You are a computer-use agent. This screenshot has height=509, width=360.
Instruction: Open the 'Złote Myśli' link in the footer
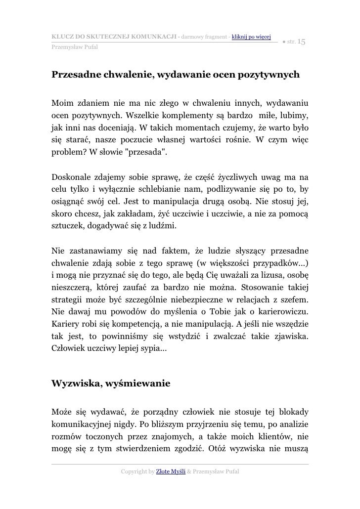[x=171, y=472]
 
